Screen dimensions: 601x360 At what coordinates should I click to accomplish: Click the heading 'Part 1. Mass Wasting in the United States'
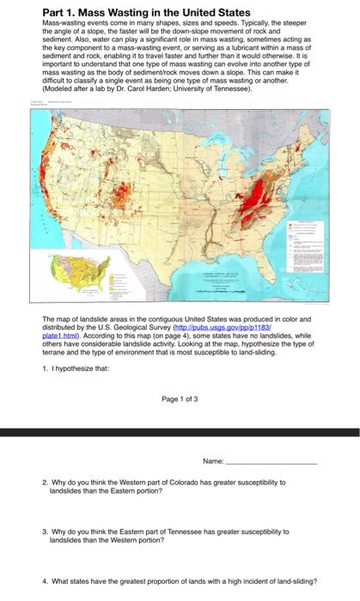pos(146,13)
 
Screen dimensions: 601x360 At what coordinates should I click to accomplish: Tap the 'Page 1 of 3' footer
pos(180,398)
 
